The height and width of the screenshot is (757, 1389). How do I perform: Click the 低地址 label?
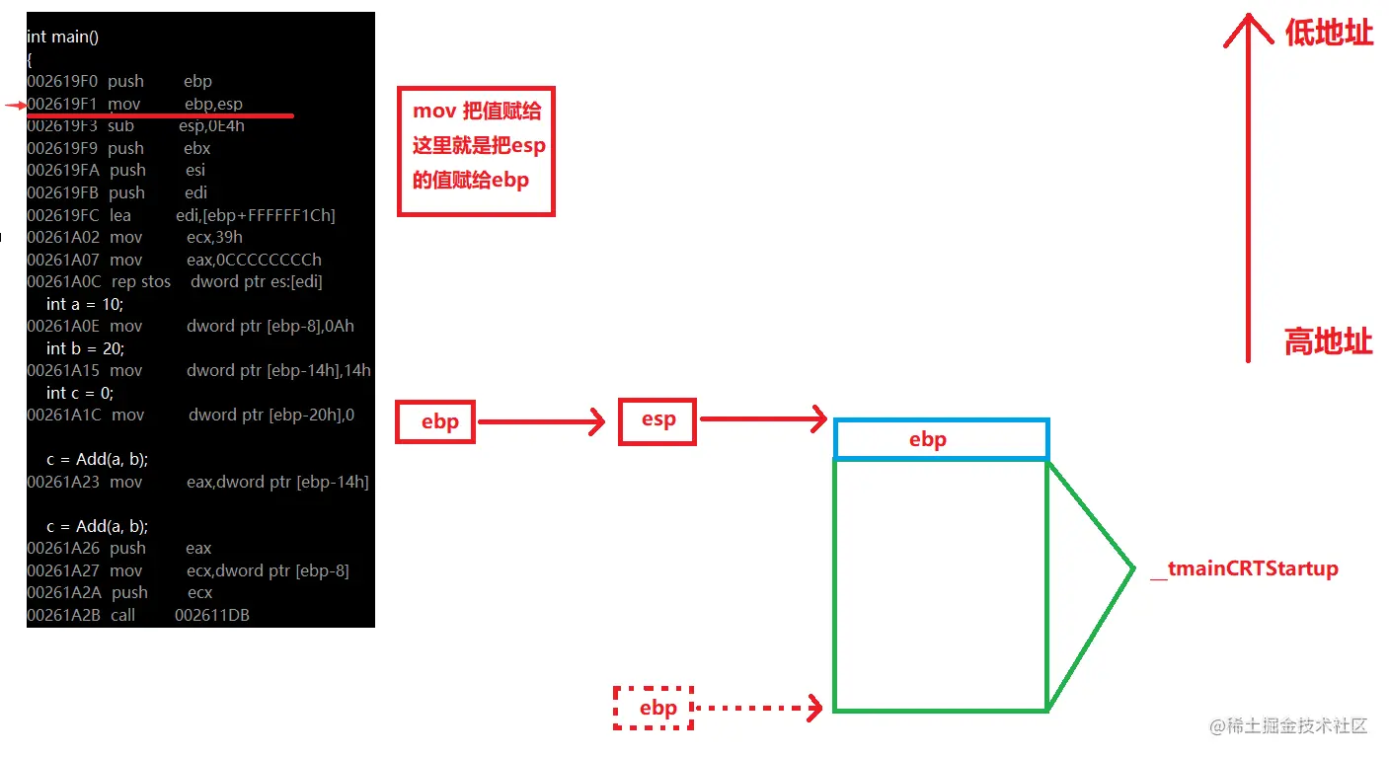pyautogui.click(x=1328, y=33)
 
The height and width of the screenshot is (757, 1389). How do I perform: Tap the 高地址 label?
pyautogui.click(x=1328, y=342)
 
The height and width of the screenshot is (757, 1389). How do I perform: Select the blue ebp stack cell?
pyautogui.click(x=940, y=439)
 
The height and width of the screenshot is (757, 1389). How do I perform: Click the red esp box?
pyautogui.click(x=657, y=420)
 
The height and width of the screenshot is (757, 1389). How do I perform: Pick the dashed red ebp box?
pyautogui.click(x=655, y=708)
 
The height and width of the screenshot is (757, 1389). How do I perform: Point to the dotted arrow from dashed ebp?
pyautogui.click(x=758, y=708)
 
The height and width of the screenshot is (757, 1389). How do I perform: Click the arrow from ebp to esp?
pyautogui.click(x=541, y=422)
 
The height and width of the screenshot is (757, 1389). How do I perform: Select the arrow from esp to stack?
pyautogui.click(x=762, y=419)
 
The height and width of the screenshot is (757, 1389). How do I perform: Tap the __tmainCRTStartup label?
pyautogui.click(x=1245, y=568)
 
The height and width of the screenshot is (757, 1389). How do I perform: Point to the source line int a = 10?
pyautogui.click(x=83, y=304)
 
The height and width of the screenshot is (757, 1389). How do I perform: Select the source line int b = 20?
pyautogui.click(x=85, y=348)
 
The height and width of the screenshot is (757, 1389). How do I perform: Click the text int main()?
pyautogui.click(x=62, y=37)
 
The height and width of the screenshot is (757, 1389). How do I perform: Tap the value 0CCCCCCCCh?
pyautogui.click(x=254, y=260)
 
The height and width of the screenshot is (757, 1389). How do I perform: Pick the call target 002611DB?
pyautogui.click(x=211, y=615)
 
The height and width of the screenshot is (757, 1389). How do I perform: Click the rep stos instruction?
pyautogui.click(x=141, y=282)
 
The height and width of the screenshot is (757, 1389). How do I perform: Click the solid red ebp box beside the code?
pyautogui.click(x=435, y=422)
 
